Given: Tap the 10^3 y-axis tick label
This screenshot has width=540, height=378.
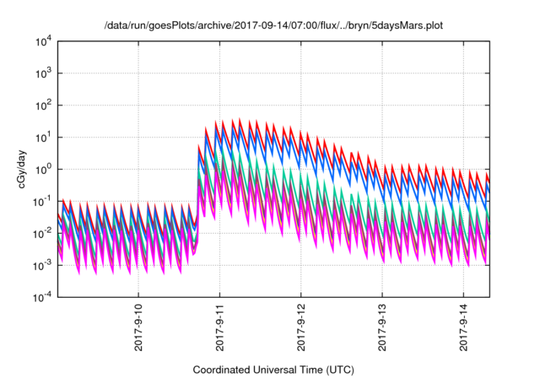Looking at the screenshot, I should [x=44, y=73].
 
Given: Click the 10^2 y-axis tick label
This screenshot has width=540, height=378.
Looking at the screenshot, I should [x=44, y=105].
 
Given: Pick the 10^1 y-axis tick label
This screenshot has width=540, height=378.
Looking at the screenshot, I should [x=44, y=138].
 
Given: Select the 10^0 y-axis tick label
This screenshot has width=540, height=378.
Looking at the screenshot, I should [x=44, y=170].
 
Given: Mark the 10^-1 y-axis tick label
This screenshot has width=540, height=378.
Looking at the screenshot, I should [x=42, y=202].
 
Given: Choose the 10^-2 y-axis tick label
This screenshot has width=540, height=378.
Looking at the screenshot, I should [x=42, y=233].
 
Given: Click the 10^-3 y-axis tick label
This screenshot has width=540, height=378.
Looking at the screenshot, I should [x=42, y=265].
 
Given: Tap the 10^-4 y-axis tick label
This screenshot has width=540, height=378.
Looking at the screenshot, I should [x=42, y=297].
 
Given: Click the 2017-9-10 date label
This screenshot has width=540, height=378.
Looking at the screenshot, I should [x=138, y=331].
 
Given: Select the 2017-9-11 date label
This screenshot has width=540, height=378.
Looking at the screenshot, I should [x=219, y=331].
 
